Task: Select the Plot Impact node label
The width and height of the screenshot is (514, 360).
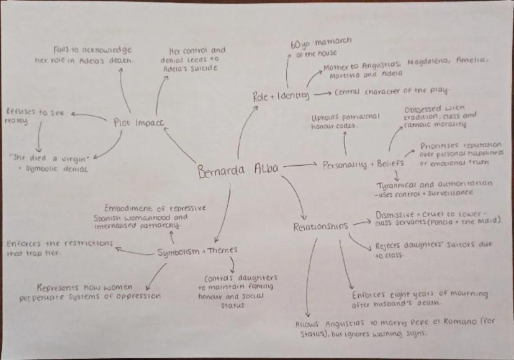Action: (139, 122)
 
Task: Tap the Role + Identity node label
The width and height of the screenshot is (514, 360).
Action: (281, 96)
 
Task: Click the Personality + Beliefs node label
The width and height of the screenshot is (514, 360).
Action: (363, 164)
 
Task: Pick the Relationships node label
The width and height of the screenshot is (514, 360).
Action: (320, 227)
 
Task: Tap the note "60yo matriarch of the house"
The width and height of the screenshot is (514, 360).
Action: (320, 47)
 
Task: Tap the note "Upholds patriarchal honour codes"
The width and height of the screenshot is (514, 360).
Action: (345, 121)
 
